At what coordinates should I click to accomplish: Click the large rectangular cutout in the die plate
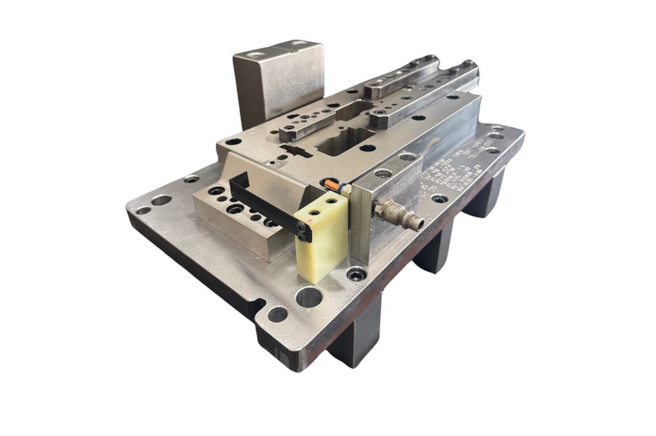pos(344,141)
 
